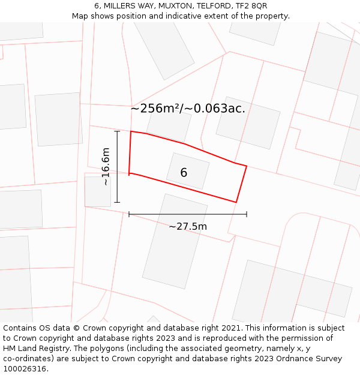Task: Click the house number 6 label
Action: [184, 173]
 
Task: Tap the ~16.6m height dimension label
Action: [106, 167]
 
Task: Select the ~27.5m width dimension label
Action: [188, 226]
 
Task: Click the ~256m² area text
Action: [155, 109]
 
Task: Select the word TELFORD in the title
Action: [204, 6]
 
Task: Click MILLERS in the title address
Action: [120, 6]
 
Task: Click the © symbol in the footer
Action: [76, 328]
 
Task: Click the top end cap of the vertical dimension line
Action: [118, 131]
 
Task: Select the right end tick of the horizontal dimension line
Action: [247, 214]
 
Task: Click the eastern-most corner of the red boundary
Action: [247, 166]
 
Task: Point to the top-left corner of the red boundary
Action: [131, 131]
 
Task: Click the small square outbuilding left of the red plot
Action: [98, 191]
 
